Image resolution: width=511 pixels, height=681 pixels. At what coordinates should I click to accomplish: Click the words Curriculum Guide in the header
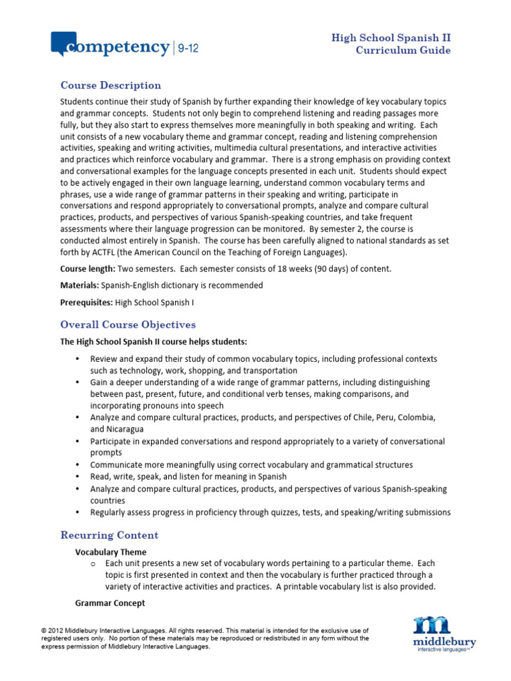pyautogui.click(x=403, y=51)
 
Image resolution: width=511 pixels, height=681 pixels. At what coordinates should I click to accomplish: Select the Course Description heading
pyautogui.click(x=110, y=85)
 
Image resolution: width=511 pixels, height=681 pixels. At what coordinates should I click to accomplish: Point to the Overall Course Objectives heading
pyautogui.click(x=128, y=325)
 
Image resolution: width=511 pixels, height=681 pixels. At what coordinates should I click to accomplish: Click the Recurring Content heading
pyautogui.click(x=109, y=535)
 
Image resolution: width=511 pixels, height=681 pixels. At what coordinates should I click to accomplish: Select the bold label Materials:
pyautogui.click(x=79, y=285)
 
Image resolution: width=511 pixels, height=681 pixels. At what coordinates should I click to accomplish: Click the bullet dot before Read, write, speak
pyautogui.click(x=78, y=477)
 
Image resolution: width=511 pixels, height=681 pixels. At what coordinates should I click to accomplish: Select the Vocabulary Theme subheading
pyautogui.click(x=110, y=552)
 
